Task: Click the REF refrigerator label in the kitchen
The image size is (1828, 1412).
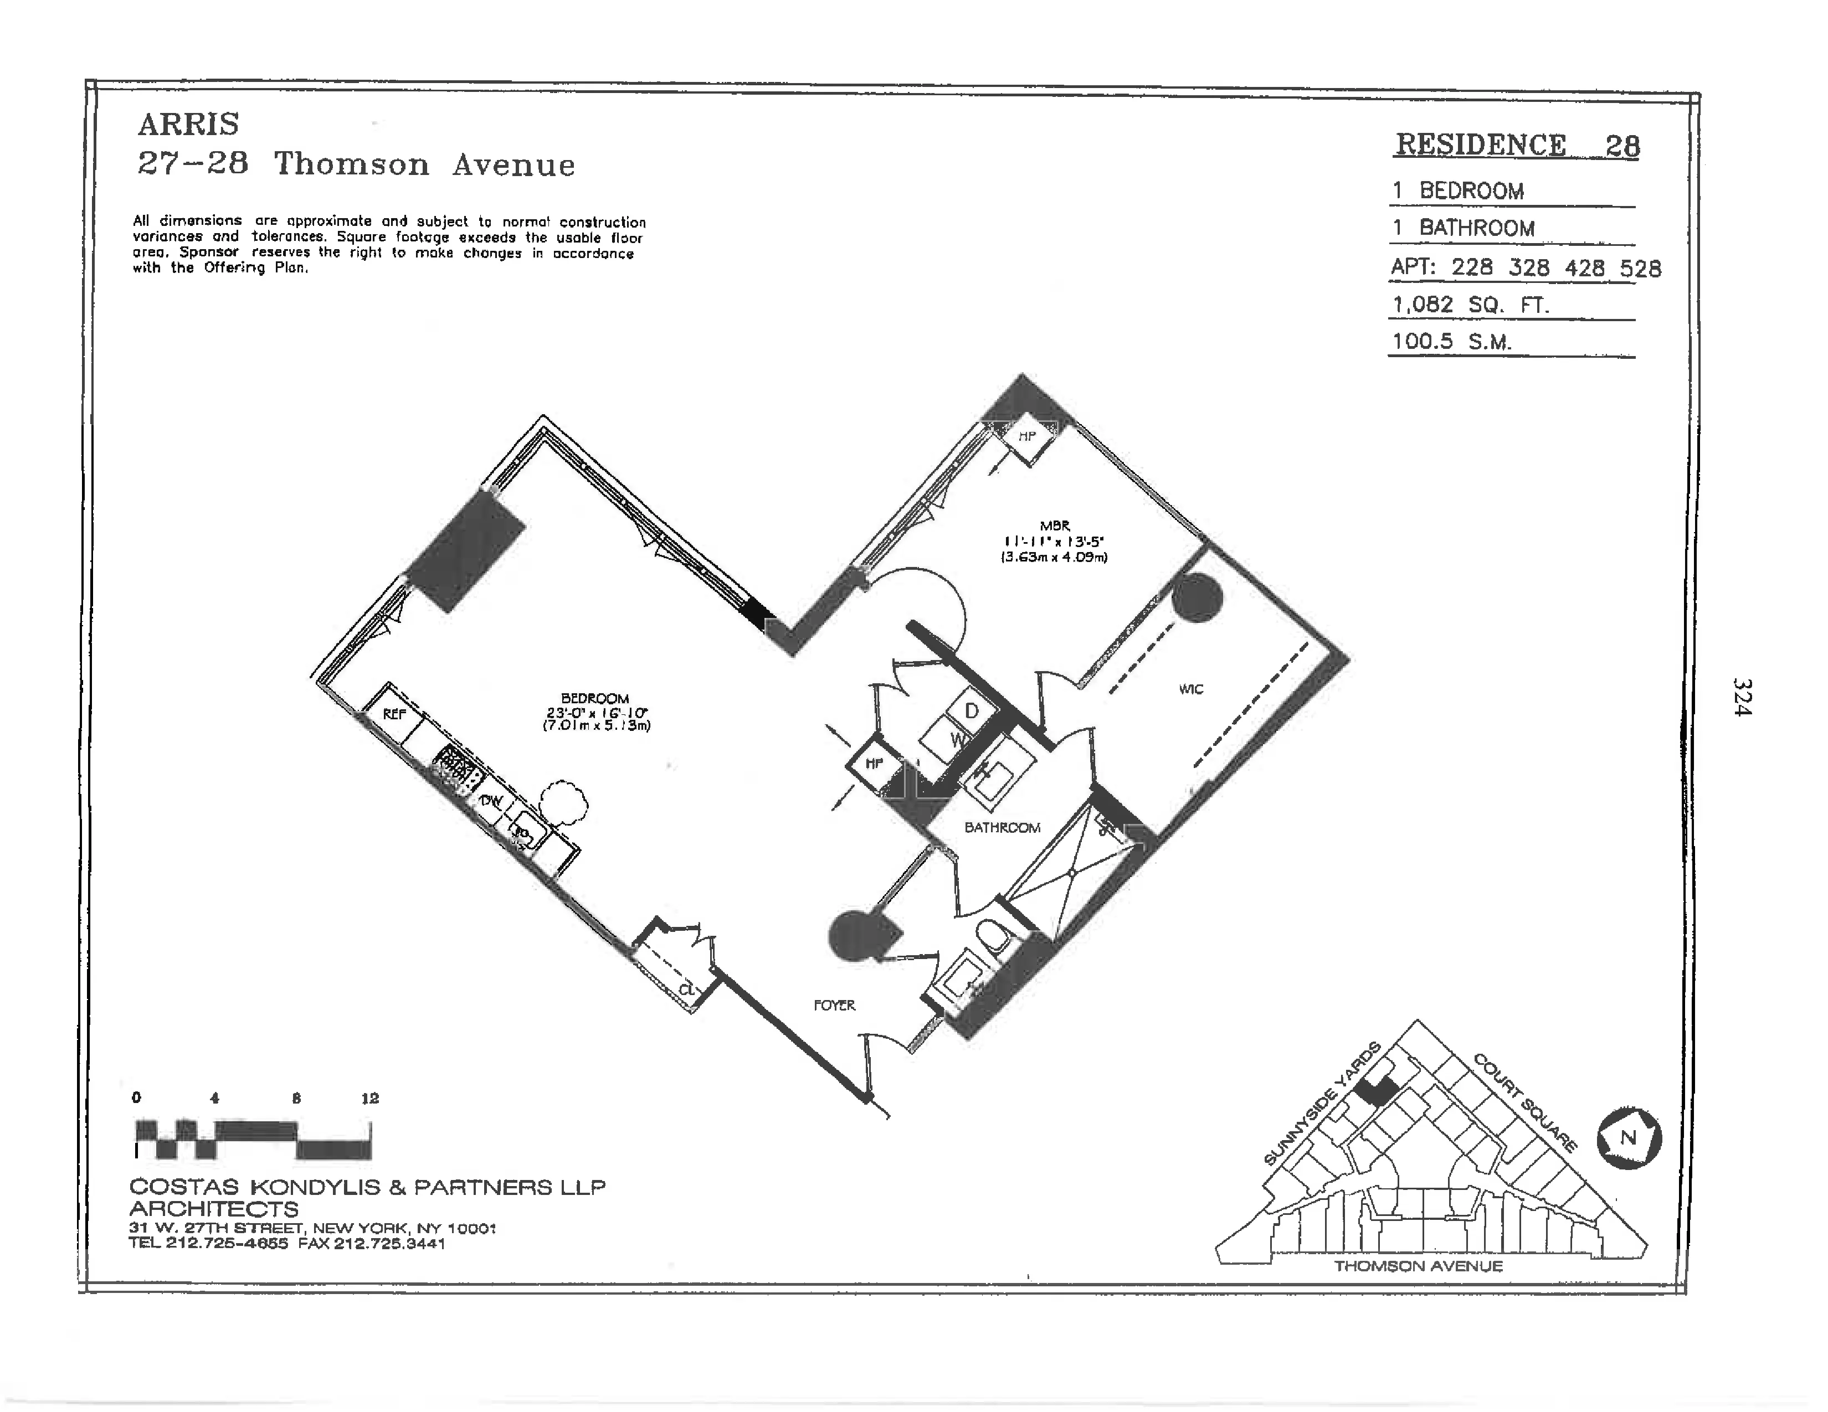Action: pyautogui.click(x=394, y=714)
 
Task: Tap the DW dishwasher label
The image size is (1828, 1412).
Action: pyautogui.click(x=491, y=801)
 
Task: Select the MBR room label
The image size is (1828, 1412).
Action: pyautogui.click(x=1055, y=526)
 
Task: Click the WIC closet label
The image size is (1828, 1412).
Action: pyautogui.click(x=1190, y=689)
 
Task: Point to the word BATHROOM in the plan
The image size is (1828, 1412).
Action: pyautogui.click(x=1002, y=827)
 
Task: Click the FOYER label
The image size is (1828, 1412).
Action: pyautogui.click(x=834, y=1006)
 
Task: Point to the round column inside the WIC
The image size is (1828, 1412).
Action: pyautogui.click(x=1197, y=597)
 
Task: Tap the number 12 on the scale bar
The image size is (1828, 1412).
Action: pyautogui.click(x=370, y=1099)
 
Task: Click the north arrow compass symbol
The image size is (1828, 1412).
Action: pyautogui.click(x=1629, y=1138)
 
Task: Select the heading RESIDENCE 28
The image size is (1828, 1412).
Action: pyautogui.click(x=1517, y=146)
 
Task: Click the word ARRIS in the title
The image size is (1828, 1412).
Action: pyautogui.click(x=188, y=125)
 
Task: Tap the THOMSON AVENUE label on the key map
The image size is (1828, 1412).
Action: pyautogui.click(x=1419, y=1266)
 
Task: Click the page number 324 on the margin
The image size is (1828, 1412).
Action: pyautogui.click(x=1742, y=696)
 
